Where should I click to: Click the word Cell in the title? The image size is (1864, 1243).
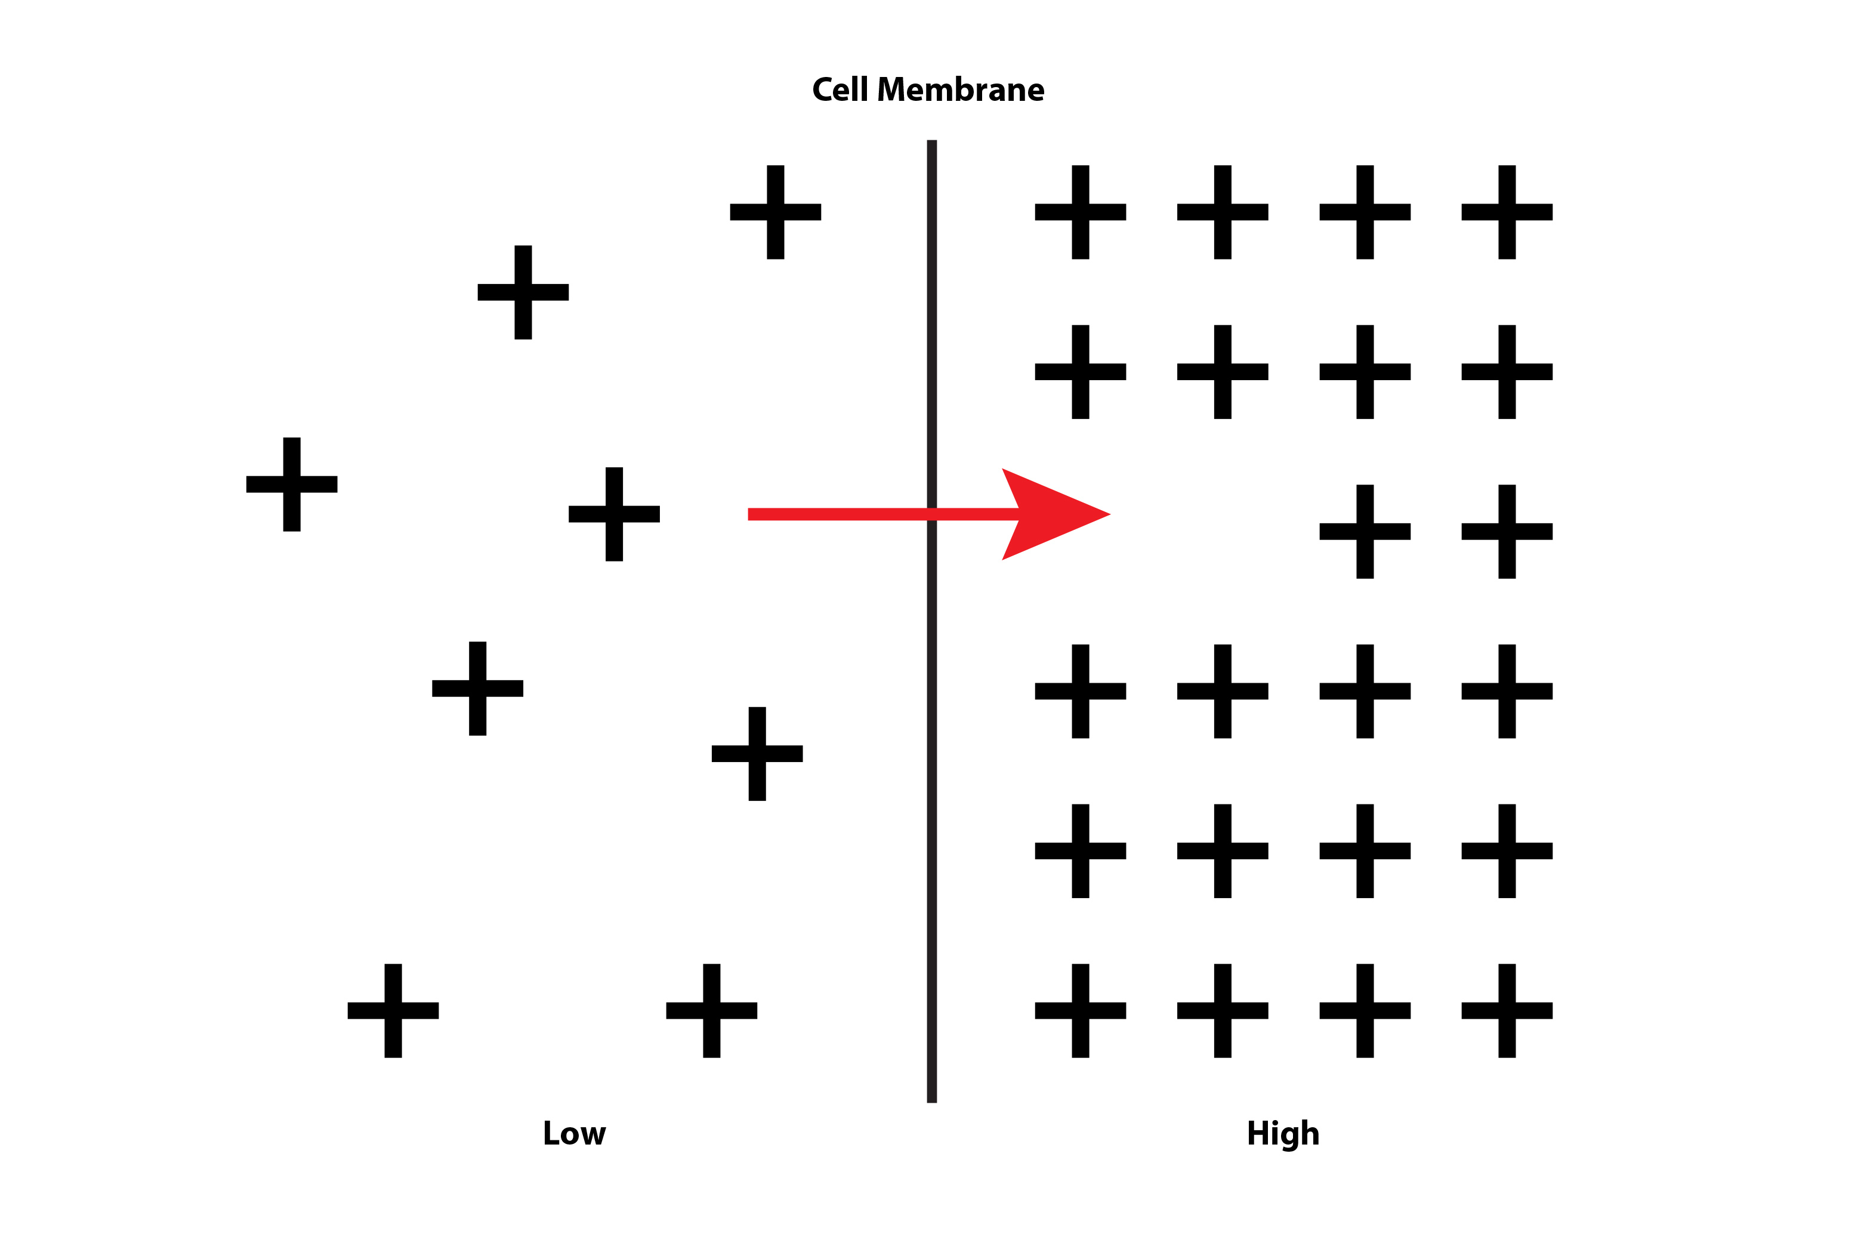click(840, 90)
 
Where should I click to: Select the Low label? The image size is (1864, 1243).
click(575, 1134)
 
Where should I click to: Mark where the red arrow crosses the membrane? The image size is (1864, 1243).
click(932, 514)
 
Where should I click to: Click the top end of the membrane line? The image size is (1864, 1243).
click(932, 143)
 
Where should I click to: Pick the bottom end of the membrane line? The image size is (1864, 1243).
click(932, 1100)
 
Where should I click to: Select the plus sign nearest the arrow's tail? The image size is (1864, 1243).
click(614, 514)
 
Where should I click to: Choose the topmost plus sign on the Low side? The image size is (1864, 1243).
click(775, 212)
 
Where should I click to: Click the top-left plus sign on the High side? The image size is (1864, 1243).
click(1080, 212)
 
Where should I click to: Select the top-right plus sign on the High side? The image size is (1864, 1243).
click(1507, 212)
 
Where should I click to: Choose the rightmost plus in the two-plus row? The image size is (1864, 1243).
click(1507, 531)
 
